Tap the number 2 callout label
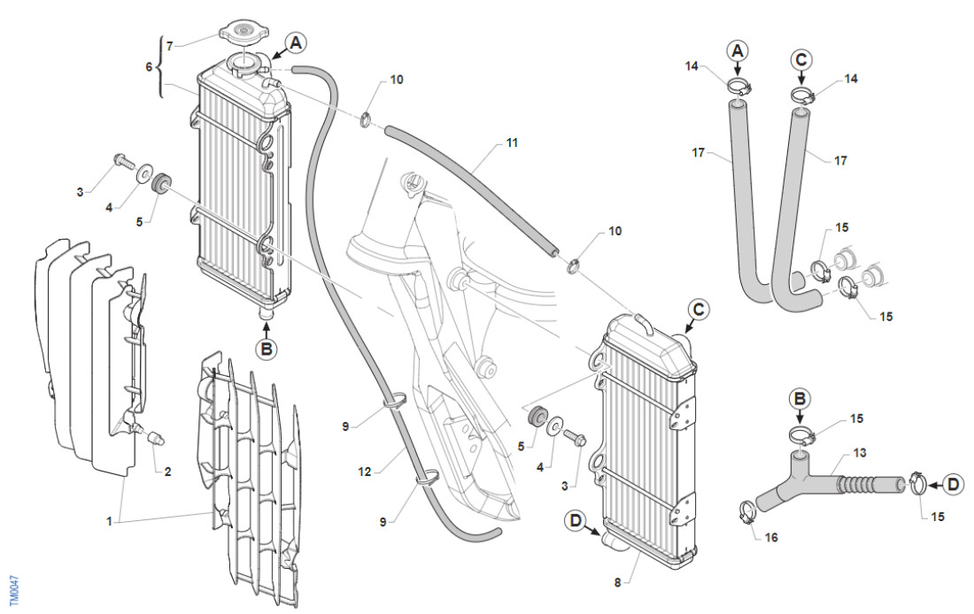tap(167, 472)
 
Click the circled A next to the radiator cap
tap(295, 42)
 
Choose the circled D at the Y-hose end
tap(953, 484)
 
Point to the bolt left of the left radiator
tap(121, 161)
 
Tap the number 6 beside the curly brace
tap(149, 67)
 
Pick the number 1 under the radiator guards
tap(109, 522)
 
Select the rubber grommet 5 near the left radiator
tap(161, 187)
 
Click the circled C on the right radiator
tap(698, 310)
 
